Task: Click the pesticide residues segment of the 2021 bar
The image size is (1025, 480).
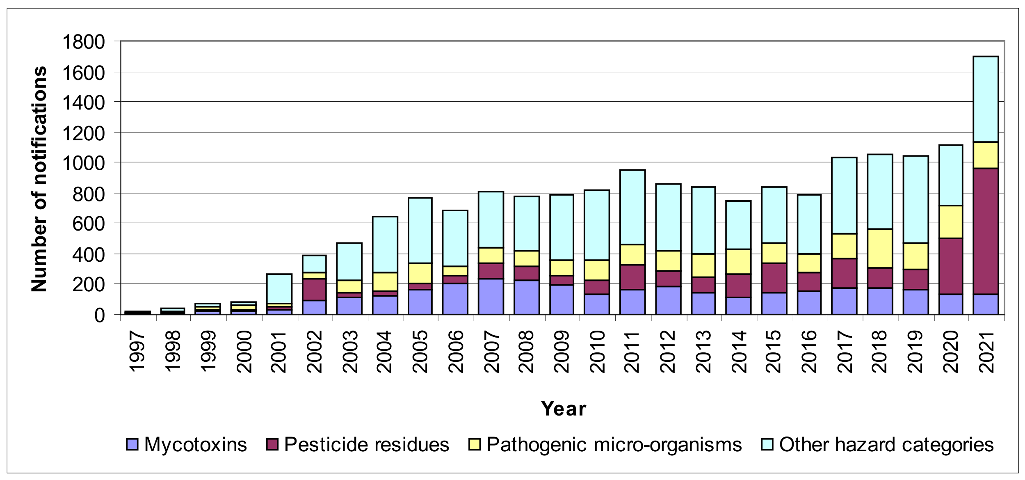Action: tap(985, 231)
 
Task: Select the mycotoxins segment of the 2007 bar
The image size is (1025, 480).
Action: tap(491, 297)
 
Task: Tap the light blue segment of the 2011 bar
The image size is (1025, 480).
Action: tap(632, 207)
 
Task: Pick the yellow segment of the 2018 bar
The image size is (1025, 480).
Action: tap(879, 249)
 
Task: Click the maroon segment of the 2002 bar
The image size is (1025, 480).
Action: tap(314, 290)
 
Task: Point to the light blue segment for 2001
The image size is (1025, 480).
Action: tap(279, 289)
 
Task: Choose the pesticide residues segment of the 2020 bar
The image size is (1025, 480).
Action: tap(950, 266)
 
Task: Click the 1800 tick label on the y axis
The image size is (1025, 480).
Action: tap(83, 42)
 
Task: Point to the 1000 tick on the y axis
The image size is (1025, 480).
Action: tap(83, 163)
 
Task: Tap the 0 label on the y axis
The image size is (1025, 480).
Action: tap(99, 315)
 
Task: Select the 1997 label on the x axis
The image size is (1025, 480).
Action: tap(137, 352)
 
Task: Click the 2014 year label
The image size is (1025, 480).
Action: tap(739, 352)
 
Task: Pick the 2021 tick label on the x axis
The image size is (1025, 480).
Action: tap(986, 352)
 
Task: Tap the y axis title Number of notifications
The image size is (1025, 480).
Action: tap(39, 179)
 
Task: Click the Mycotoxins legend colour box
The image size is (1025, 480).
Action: tap(132, 445)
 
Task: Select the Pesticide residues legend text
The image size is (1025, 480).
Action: tap(366, 445)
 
